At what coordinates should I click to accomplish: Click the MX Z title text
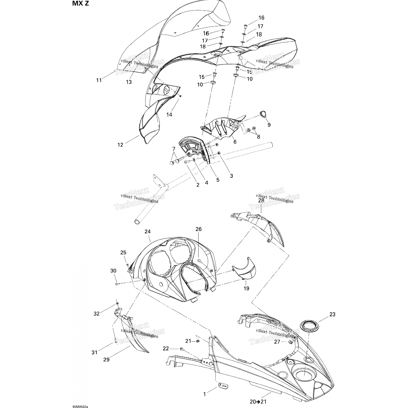81,4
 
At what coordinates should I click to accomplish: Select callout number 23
332,314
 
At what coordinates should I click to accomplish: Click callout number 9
269,125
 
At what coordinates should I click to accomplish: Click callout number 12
120,145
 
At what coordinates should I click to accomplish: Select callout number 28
261,200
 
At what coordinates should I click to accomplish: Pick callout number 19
246,288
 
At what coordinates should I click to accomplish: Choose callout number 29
106,360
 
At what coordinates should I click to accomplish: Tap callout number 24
148,232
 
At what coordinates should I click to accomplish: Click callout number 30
113,271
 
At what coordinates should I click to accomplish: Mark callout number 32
97,314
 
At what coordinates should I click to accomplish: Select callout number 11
99,80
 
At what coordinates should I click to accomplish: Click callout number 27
277,342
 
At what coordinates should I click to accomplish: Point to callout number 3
231,176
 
